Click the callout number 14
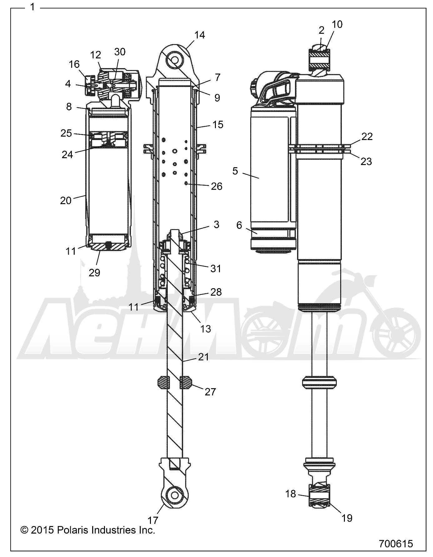click(x=200, y=35)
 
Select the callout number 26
click(x=216, y=186)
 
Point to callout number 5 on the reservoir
click(x=235, y=171)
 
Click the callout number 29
click(x=94, y=273)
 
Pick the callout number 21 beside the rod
click(x=203, y=357)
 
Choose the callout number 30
click(x=120, y=52)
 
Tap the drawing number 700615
click(x=396, y=544)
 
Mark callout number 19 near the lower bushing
click(x=347, y=518)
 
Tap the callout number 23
click(x=366, y=161)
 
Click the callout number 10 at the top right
click(x=337, y=24)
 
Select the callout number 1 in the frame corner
click(x=32, y=7)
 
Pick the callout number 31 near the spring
click(x=216, y=268)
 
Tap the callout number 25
click(x=66, y=133)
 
